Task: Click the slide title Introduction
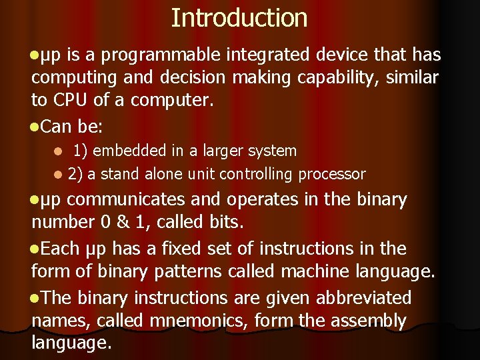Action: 239,18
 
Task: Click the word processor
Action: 332,175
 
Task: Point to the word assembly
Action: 364,321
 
